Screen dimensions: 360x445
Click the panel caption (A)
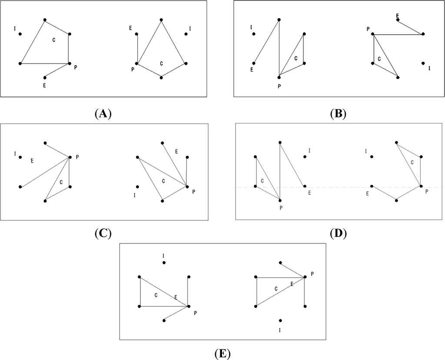(x=103, y=114)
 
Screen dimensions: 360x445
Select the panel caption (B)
(x=338, y=114)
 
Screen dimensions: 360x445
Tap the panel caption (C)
(x=103, y=233)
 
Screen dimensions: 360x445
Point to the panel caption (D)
(x=338, y=233)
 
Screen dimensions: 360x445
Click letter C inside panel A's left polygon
(x=53, y=40)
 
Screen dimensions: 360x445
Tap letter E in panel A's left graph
(x=45, y=85)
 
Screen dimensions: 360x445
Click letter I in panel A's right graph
(x=190, y=29)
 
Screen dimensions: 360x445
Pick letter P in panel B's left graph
(x=279, y=86)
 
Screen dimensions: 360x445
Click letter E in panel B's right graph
(x=397, y=15)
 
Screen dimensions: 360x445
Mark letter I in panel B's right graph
(x=429, y=68)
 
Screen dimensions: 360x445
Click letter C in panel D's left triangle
(x=262, y=180)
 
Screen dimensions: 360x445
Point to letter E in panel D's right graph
(x=368, y=193)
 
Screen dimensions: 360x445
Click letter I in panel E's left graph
(x=163, y=256)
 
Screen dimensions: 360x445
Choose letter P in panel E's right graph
(x=312, y=273)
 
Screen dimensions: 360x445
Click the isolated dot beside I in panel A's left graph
(x=20, y=34)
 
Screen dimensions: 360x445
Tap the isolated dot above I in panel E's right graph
(x=281, y=320)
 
